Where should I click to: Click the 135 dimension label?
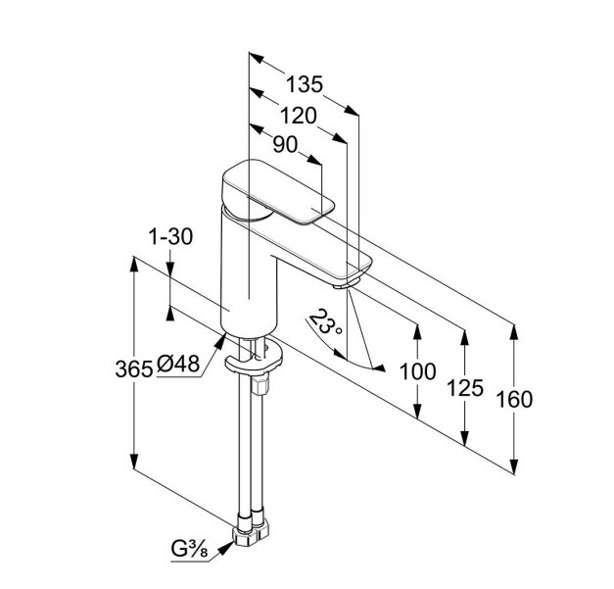305,85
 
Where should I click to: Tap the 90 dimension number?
284,145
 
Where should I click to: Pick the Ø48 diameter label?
178,364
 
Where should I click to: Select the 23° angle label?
324,323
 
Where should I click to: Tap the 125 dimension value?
465,387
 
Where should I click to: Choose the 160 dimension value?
514,399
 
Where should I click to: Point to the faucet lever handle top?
280,194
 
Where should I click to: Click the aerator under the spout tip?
344,285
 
